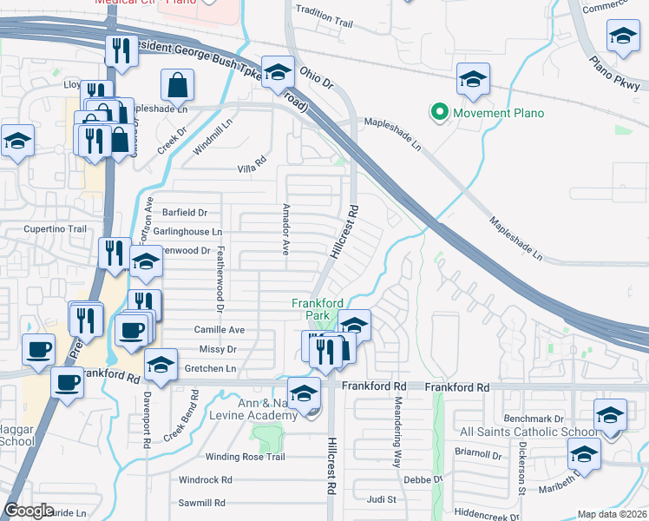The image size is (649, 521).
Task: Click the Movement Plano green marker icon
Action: [439, 113]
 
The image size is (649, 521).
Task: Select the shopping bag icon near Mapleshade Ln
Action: [176, 86]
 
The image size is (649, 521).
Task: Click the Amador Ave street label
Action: [285, 229]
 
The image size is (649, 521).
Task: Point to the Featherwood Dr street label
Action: [220, 278]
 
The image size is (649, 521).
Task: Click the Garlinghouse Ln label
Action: [187, 232]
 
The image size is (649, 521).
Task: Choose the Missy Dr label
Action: [217, 349]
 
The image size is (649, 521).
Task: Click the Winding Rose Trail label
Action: [245, 457]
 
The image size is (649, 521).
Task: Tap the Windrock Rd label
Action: [205, 479]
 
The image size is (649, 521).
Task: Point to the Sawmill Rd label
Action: [201, 503]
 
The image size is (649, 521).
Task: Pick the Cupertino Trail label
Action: [56, 229]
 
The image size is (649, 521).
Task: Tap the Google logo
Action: [29, 511]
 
